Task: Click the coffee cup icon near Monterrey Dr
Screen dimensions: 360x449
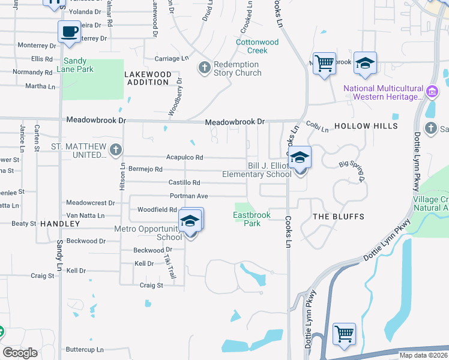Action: [x=69, y=31]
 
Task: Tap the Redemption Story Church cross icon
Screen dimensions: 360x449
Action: [x=204, y=67]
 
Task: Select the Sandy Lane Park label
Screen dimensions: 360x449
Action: [x=75, y=65]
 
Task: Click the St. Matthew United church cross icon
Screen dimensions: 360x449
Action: [x=116, y=149]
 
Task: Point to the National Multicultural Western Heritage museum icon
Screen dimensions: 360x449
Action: [x=432, y=92]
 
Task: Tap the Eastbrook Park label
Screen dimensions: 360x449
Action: [x=252, y=219]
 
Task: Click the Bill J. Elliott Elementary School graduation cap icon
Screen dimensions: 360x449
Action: [x=301, y=158]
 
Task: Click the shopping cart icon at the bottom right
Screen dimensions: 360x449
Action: [x=344, y=333]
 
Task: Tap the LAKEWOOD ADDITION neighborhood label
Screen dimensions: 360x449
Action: [x=147, y=78]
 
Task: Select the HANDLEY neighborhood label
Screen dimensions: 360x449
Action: [x=60, y=223]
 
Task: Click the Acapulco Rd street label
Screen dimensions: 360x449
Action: [x=184, y=158]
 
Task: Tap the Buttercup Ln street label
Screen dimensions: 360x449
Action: [x=85, y=349]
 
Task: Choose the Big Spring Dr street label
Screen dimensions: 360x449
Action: [x=352, y=171]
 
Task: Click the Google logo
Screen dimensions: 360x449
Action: [x=20, y=353]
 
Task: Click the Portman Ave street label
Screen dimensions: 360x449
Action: [x=188, y=196]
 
